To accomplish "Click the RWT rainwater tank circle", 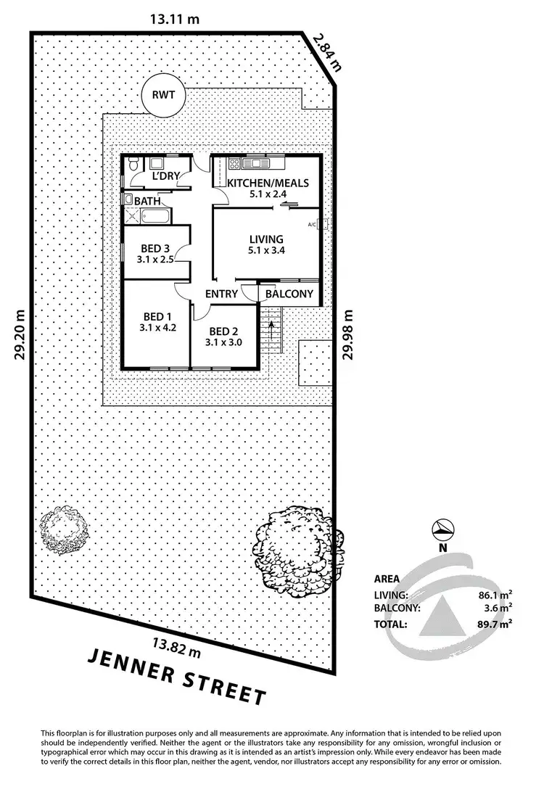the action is click(163, 95).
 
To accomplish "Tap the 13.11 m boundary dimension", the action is click(175, 20).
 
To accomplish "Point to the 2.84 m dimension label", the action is click(327, 52).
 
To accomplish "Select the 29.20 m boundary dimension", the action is click(20, 334).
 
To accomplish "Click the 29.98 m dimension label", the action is click(348, 334).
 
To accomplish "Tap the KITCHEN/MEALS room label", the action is click(268, 183).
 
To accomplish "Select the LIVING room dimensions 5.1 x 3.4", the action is click(266, 250).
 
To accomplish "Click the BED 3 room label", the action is click(155, 249).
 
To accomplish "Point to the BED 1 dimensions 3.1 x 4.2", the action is click(157, 328).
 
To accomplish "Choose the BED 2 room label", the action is click(223, 331).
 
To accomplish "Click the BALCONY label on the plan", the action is click(289, 294).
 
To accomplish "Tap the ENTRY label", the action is click(221, 294).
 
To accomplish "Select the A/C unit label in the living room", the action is click(313, 225).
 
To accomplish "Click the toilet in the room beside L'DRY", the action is click(133, 165).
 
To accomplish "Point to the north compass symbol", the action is click(442, 530).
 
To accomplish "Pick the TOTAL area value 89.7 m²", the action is click(492, 624).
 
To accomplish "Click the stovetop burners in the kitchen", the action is click(234, 164).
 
